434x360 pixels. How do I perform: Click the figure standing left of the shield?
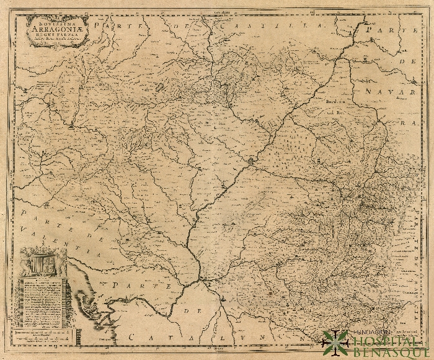26,264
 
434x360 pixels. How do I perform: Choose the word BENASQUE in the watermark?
391,352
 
